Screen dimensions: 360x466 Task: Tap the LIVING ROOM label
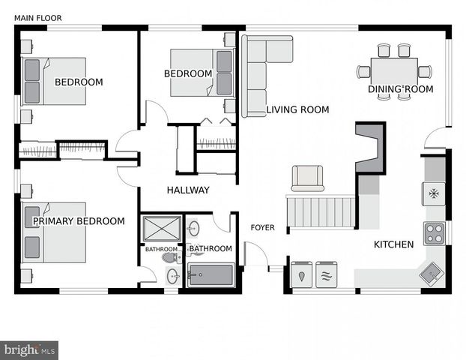(297, 109)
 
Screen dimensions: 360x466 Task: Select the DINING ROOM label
(400, 89)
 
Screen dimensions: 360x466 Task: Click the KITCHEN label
(393, 244)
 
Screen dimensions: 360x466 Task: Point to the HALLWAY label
(188, 190)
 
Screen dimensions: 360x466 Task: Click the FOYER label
(262, 227)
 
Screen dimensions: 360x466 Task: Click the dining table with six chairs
(394, 72)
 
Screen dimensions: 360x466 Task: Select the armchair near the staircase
(307, 178)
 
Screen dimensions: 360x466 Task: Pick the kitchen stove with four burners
(435, 233)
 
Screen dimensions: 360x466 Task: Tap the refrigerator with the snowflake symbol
(434, 193)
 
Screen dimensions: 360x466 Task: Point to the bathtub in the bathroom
(211, 275)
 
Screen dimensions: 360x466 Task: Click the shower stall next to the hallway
(161, 229)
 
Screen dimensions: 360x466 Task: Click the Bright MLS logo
(29, 349)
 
